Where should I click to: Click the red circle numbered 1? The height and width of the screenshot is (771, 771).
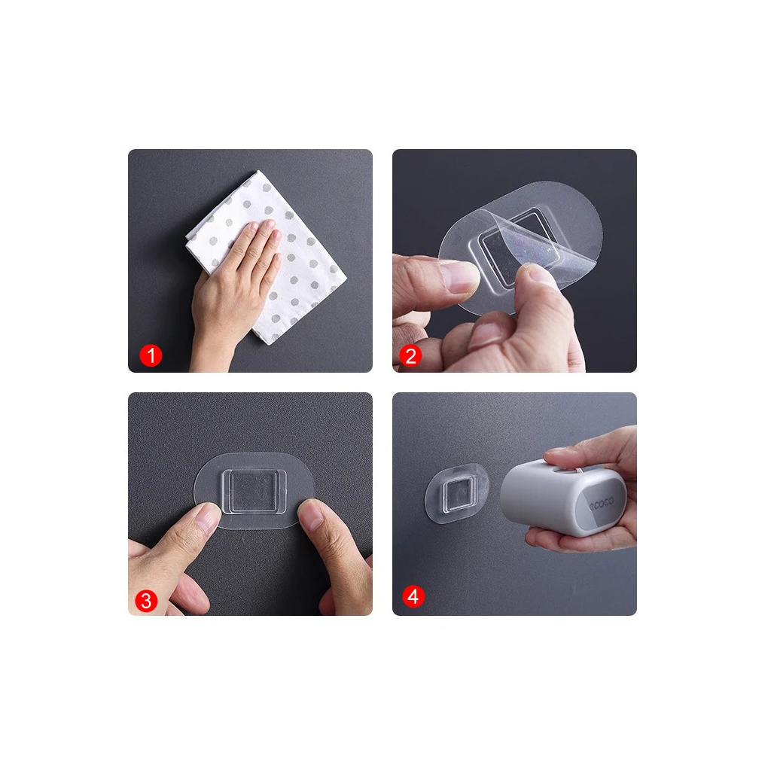(x=151, y=355)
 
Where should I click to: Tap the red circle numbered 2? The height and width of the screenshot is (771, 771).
(x=410, y=355)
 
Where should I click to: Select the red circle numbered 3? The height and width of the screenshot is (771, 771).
(x=146, y=600)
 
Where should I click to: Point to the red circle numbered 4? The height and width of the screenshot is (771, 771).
(x=413, y=596)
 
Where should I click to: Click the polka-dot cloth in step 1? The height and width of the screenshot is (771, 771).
(x=276, y=256)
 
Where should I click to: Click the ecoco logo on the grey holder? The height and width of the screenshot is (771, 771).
(x=602, y=503)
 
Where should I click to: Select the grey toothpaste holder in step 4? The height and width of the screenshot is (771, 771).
(x=563, y=497)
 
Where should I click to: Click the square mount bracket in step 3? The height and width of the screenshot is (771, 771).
(x=253, y=492)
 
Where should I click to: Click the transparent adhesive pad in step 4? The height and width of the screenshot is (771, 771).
(x=456, y=493)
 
